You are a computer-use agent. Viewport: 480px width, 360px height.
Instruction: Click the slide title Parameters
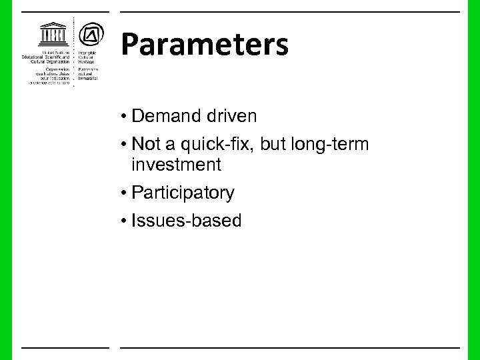point(205,45)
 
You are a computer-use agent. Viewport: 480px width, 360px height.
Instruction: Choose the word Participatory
point(183,193)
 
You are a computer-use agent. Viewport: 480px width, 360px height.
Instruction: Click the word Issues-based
point(187,221)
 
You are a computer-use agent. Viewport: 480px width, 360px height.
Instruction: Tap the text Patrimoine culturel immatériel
point(89,73)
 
